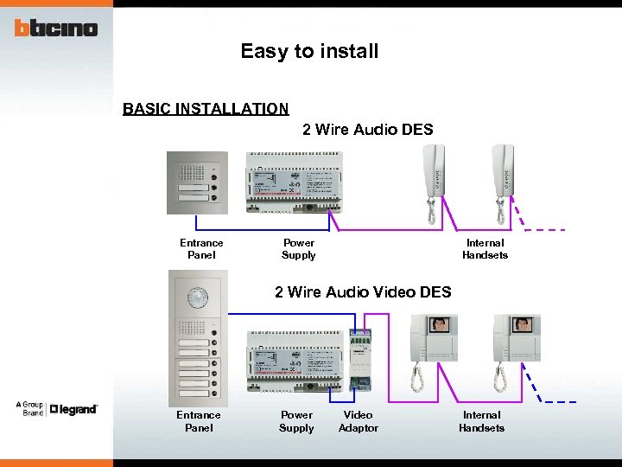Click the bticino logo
56,28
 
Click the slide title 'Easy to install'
309,51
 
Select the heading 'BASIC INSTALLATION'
206,109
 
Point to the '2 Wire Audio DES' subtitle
367,130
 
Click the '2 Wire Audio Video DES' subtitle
363,291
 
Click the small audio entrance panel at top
197,182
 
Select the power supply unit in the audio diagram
293,182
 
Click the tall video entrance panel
199,337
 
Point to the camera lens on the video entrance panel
199,297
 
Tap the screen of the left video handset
440,325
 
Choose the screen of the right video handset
521,325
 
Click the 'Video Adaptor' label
359,421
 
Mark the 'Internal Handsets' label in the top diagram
485,249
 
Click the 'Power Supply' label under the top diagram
299,249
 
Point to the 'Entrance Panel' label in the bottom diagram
199,421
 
